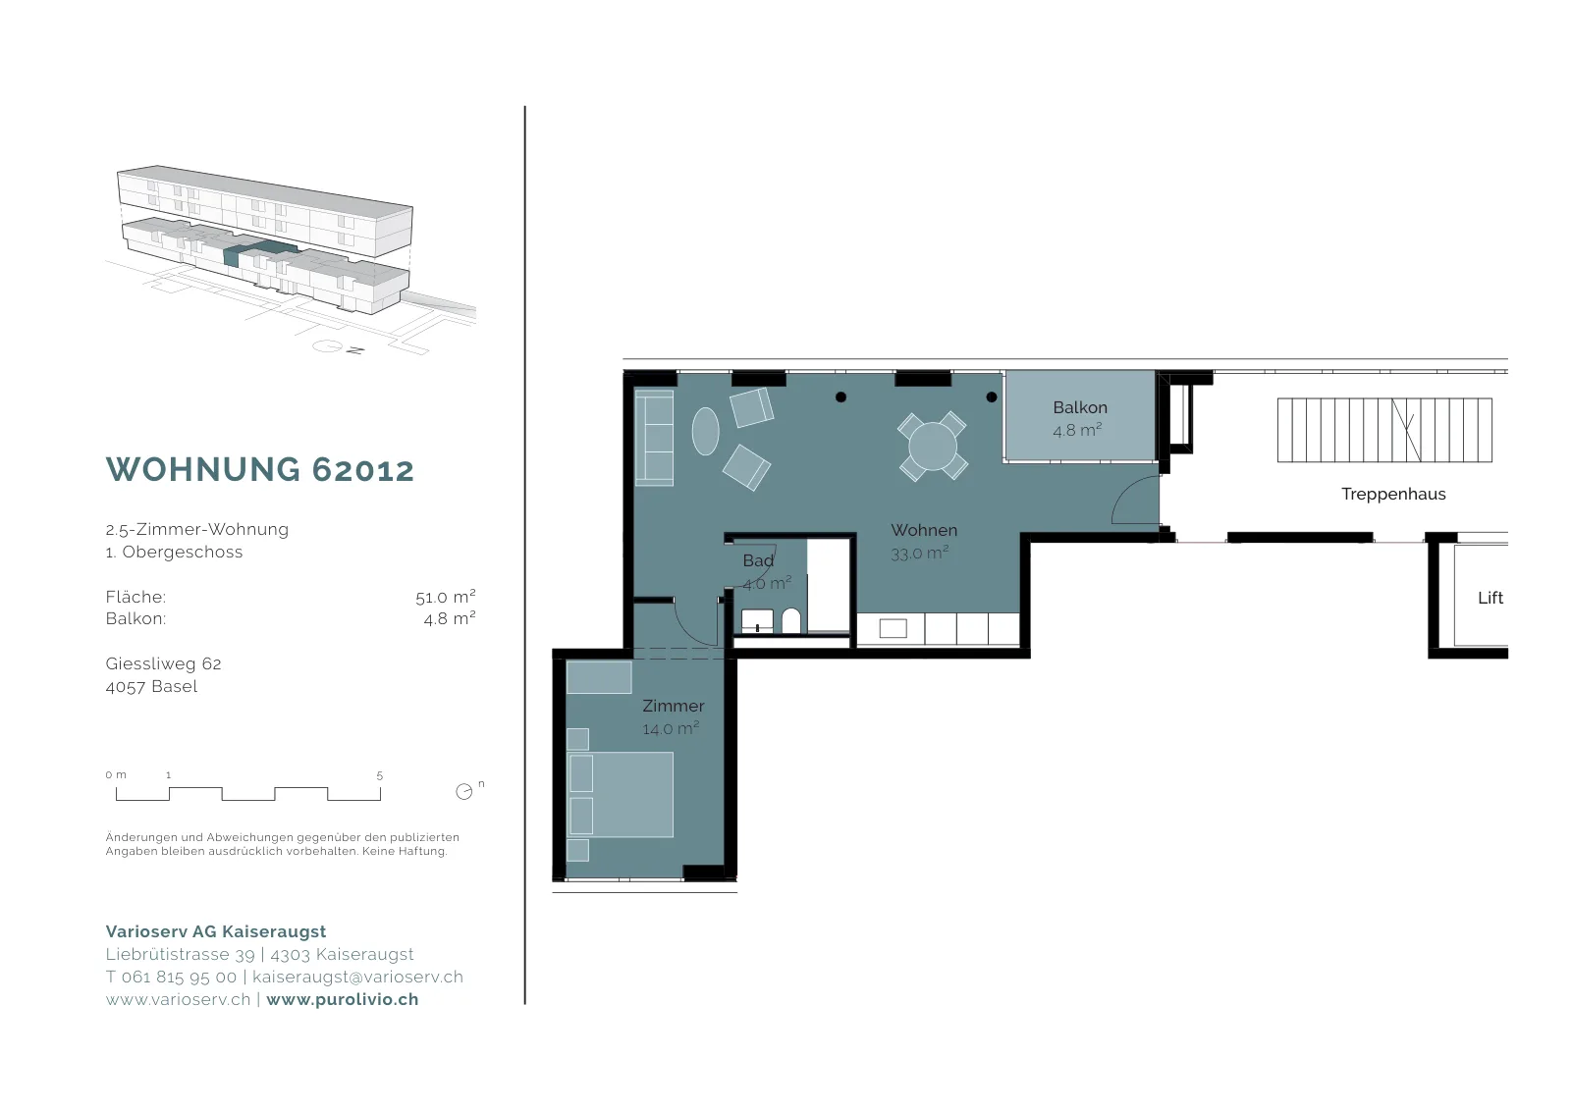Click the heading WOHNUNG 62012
[260, 470]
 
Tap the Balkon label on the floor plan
[1080, 407]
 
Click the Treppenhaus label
[1393, 495]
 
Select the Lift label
[1490, 598]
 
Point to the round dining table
[933, 447]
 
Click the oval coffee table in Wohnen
[706, 431]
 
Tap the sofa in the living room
[654, 438]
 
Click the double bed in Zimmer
[621, 795]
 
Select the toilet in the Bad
[791, 621]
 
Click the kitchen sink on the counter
[893, 628]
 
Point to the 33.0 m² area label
[919, 554]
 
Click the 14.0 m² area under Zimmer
[671, 728]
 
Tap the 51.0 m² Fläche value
[446, 597]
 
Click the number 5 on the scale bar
[379, 775]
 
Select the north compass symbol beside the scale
[464, 791]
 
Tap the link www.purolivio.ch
[343, 999]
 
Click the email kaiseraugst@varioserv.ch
[357, 978]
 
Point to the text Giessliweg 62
[163, 663]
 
